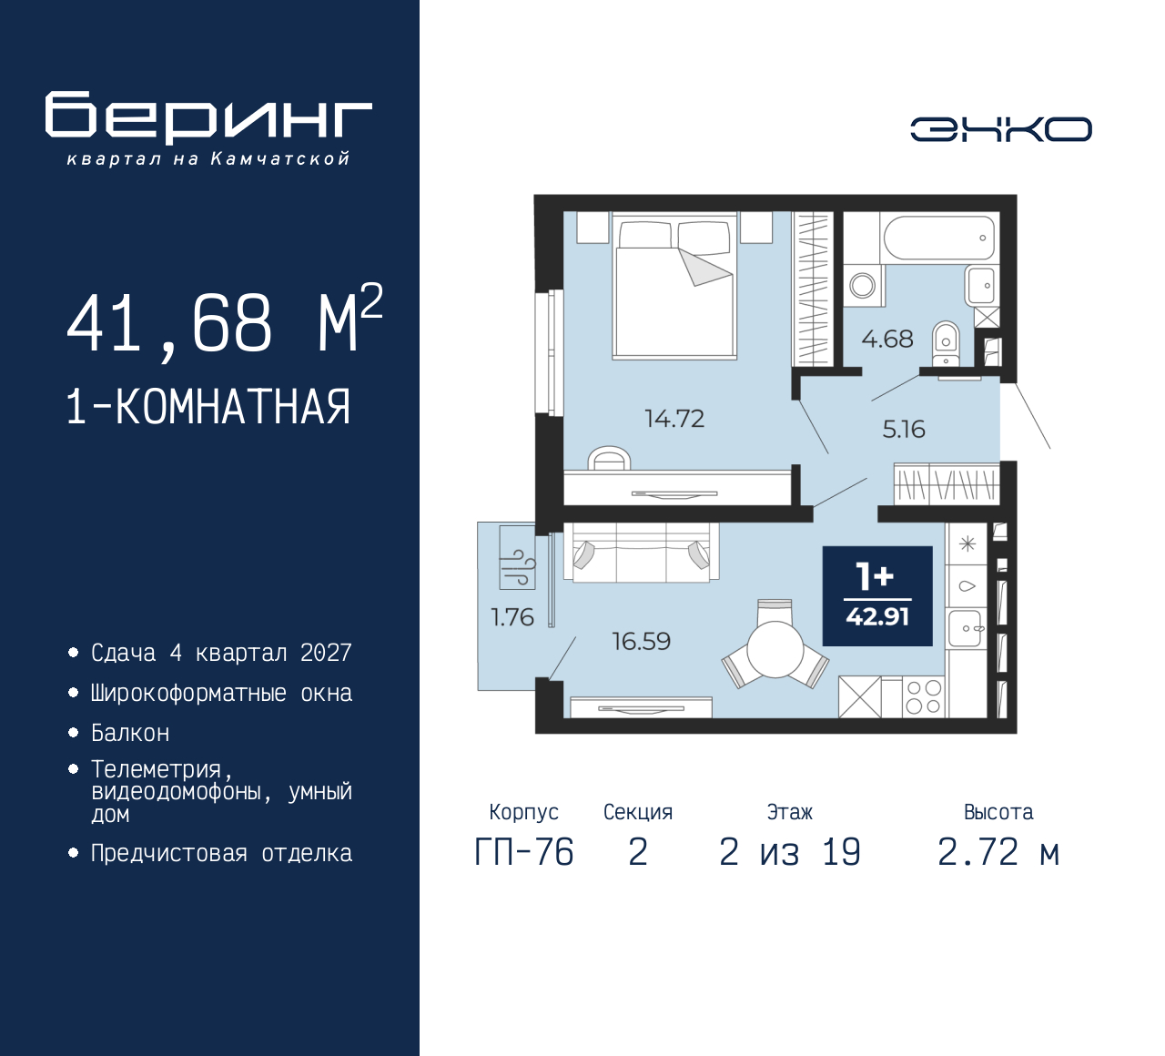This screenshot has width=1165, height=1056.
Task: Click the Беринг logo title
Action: coord(208,118)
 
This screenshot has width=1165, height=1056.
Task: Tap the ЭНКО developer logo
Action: coord(1000,129)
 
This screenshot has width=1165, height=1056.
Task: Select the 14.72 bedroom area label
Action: coord(674,419)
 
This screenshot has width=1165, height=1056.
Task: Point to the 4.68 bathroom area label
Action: coord(887,339)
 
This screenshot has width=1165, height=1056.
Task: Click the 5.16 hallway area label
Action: coord(904,430)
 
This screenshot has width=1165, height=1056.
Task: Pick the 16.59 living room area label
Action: coord(641,641)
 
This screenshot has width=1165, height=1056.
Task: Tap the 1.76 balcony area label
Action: coord(512,617)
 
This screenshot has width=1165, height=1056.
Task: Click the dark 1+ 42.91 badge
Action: coord(877,596)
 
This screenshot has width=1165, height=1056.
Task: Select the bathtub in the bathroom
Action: coord(939,238)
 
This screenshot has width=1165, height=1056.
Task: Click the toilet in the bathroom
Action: coord(946,343)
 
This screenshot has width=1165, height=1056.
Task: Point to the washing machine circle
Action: coord(863,286)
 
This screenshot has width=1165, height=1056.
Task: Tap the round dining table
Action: coord(775,649)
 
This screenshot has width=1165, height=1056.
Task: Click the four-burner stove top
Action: coord(924,697)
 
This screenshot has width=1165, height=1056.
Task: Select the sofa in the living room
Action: coord(641,553)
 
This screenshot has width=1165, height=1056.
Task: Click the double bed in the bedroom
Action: coord(674,286)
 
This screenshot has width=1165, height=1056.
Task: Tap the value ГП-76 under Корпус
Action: coord(524,852)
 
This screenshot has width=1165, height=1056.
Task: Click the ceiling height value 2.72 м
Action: coord(998,852)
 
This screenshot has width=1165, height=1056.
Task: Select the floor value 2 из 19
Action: coord(789,852)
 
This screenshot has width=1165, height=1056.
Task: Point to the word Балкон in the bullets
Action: coord(130,734)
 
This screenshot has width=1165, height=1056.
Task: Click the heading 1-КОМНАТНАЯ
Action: coord(208,407)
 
